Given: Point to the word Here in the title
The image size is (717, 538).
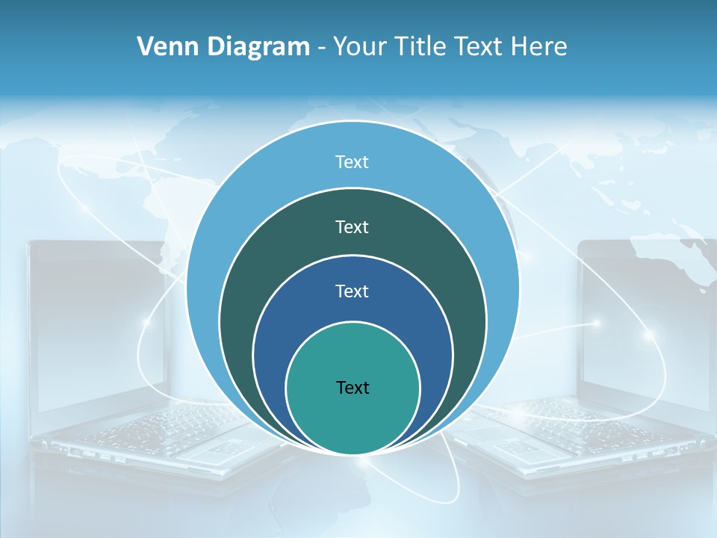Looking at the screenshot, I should point(539,47).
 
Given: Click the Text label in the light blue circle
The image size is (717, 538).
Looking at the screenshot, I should point(353,162).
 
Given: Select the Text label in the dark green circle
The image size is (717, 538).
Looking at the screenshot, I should point(353,226).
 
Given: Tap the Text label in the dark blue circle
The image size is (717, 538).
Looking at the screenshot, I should point(353,291).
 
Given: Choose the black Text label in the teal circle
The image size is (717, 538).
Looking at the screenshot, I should point(353,387).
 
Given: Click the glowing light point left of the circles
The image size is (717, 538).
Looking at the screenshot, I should point(147,322).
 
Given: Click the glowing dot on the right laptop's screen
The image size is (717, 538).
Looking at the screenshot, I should point(597,323).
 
